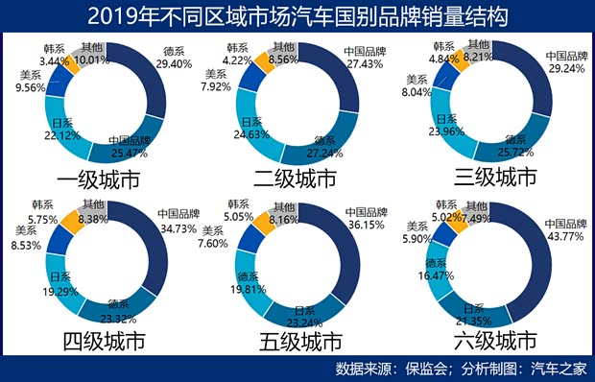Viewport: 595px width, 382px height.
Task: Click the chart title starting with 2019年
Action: pos(297,16)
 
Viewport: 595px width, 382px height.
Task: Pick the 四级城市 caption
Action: pos(104,341)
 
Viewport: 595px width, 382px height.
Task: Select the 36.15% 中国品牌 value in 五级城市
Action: pos(365,224)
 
